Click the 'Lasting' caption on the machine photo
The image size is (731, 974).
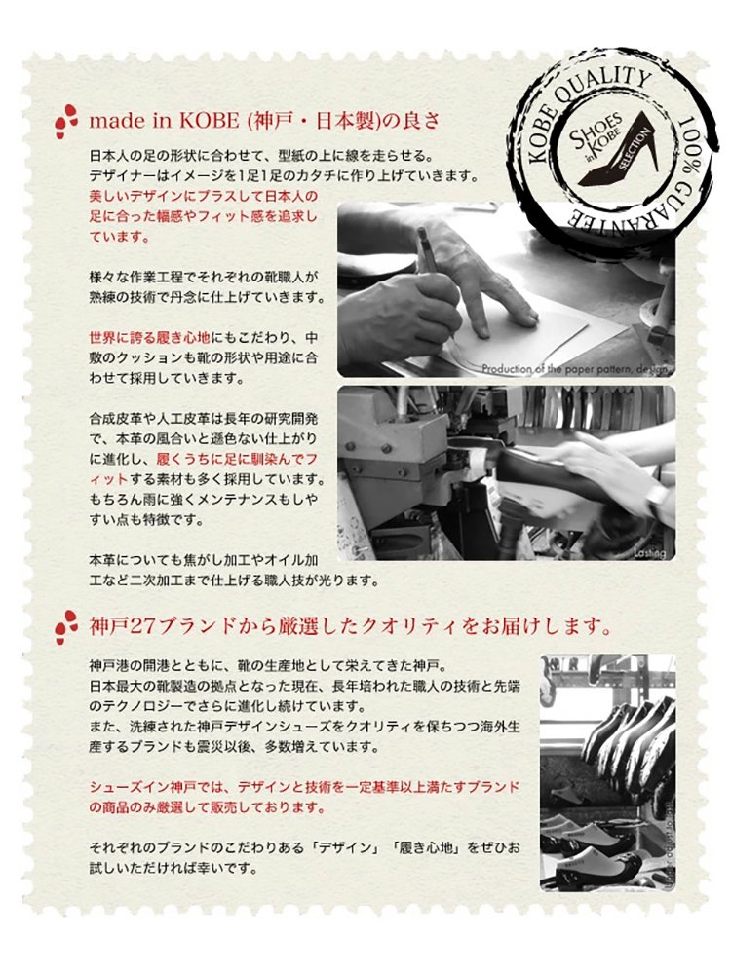tap(649, 553)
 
